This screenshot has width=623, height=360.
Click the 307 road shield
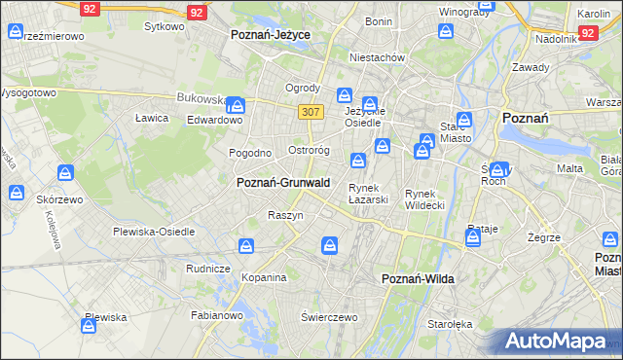click(x=311, y=112)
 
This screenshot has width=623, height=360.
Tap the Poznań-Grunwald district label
click(x=283, y=182)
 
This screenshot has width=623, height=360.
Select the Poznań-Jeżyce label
click(x=271, y=34)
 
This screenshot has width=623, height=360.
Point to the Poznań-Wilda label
click(x=418, y=278)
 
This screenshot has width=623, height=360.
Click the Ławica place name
click(x=153, y=118)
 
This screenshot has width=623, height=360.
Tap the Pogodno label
click(x=249, y=153)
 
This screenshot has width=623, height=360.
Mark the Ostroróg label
click(x=311, y=151)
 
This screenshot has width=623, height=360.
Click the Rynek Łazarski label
click(x=369, y=194)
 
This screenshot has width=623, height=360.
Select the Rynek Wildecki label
click(x=424, y=199)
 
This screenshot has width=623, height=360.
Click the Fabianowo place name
click(x=216, y=314)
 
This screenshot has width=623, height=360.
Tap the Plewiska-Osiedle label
click(x=155, y=232)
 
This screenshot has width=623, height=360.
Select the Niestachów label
click(x=380, y=57)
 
